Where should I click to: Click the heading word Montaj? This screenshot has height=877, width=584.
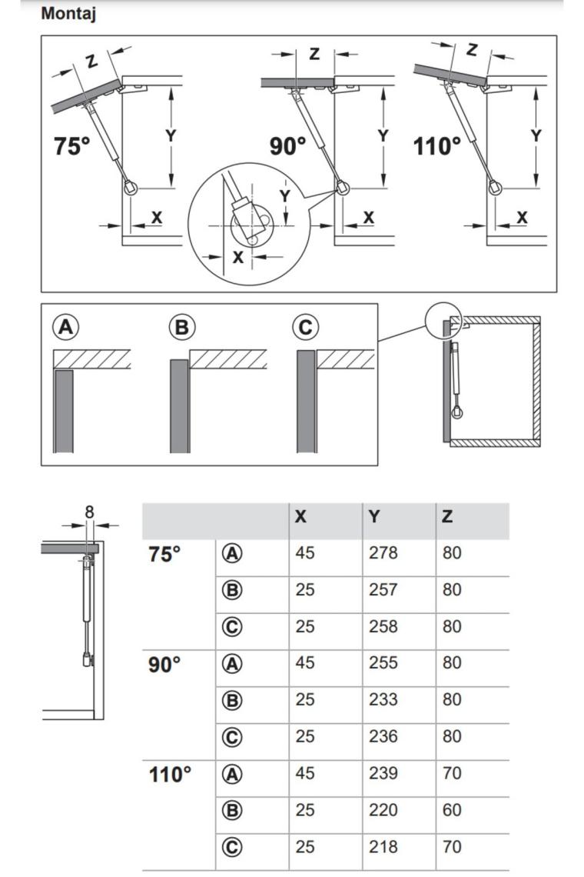[x=68, y=13]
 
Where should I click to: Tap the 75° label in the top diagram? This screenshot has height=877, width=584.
[x=72, y=145]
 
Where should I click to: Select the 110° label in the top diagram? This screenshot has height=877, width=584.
[x=437, y=145]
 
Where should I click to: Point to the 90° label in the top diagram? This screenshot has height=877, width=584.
[x=287, y=145]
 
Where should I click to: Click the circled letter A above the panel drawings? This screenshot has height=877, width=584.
[x=66, y=328]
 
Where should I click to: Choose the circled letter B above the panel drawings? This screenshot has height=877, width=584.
[x=182, y=328]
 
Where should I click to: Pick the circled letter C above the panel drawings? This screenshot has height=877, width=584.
[x=306, y=328]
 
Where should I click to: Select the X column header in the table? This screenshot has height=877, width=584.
[x=300, y=517]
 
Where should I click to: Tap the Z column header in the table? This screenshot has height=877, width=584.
[x=447, y=517]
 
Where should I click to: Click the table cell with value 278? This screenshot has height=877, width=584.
[x=383, y=552]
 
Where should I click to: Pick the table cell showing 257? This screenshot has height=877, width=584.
[x=383, y=589]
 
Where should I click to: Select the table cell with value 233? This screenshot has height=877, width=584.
[x=383, y=700]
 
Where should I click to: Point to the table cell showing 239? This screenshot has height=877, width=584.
[x=383, y=773]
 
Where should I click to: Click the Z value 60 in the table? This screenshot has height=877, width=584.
[x=452, y=810]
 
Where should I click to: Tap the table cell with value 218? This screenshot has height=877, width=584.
[x=383, y=847]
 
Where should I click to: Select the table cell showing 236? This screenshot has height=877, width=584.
[x=383, y=737]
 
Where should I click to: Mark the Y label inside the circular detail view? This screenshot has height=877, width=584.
[x=285, y=196]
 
